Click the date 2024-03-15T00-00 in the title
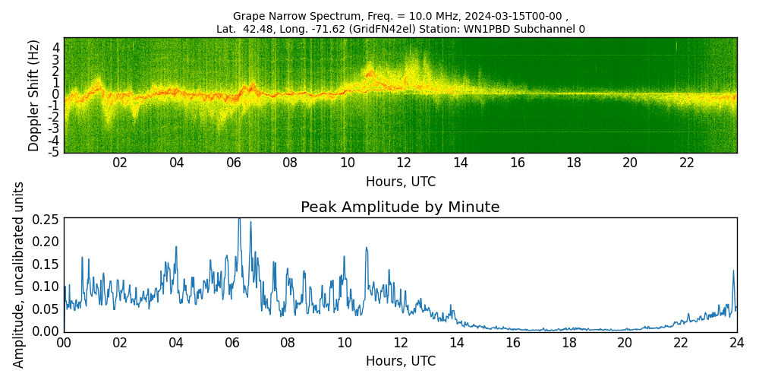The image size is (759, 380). point(516,16)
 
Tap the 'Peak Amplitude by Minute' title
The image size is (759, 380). point(400,207)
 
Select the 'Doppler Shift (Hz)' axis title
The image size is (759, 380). point(34,95)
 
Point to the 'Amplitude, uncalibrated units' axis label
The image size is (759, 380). point(20,274)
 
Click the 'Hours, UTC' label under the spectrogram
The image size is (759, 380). point(400,182)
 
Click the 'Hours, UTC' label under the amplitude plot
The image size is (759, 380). point(400,362)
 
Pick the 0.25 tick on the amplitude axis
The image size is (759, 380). point(46,219)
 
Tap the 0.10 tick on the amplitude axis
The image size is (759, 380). point(46,287)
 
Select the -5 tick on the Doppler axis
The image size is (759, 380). point(55,152)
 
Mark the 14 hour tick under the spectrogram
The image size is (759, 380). point(460,163)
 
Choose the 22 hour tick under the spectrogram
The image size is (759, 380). point(686,163)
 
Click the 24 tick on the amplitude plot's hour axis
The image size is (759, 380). point(736,343)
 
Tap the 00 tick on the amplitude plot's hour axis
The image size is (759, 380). point(64,343)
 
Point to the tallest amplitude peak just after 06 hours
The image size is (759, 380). point(239,220)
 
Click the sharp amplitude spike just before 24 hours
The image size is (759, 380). point(733,271)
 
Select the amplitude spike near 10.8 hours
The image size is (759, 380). point(366,248)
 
